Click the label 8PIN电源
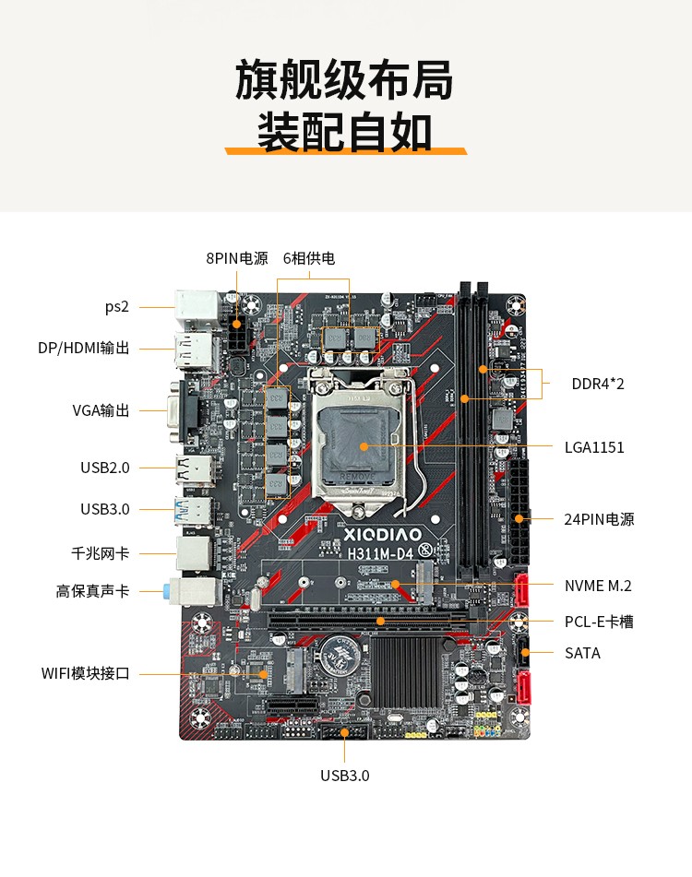tap(236, 258)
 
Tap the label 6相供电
tap(309, 258)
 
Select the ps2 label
tap(116, 307)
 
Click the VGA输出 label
tap(101, 410)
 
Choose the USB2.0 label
tap(105, 468)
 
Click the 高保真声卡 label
tap(92, 591)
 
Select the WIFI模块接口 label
tap(85, 673)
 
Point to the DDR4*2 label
tap(598, 384)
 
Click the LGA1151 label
tap(594, 448)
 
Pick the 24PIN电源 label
tap(600, 519)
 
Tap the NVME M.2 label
tap(598, 586)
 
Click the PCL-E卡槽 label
tap(599, 622)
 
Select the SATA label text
tap(582, 653)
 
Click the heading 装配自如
tap(344, 132)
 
